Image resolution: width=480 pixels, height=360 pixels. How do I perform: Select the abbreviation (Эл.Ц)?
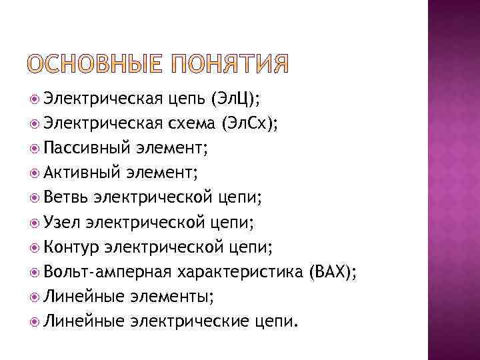(x=235, y=101)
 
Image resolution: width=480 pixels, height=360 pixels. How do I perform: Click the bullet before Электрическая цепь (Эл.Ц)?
(x=35, y=101)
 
